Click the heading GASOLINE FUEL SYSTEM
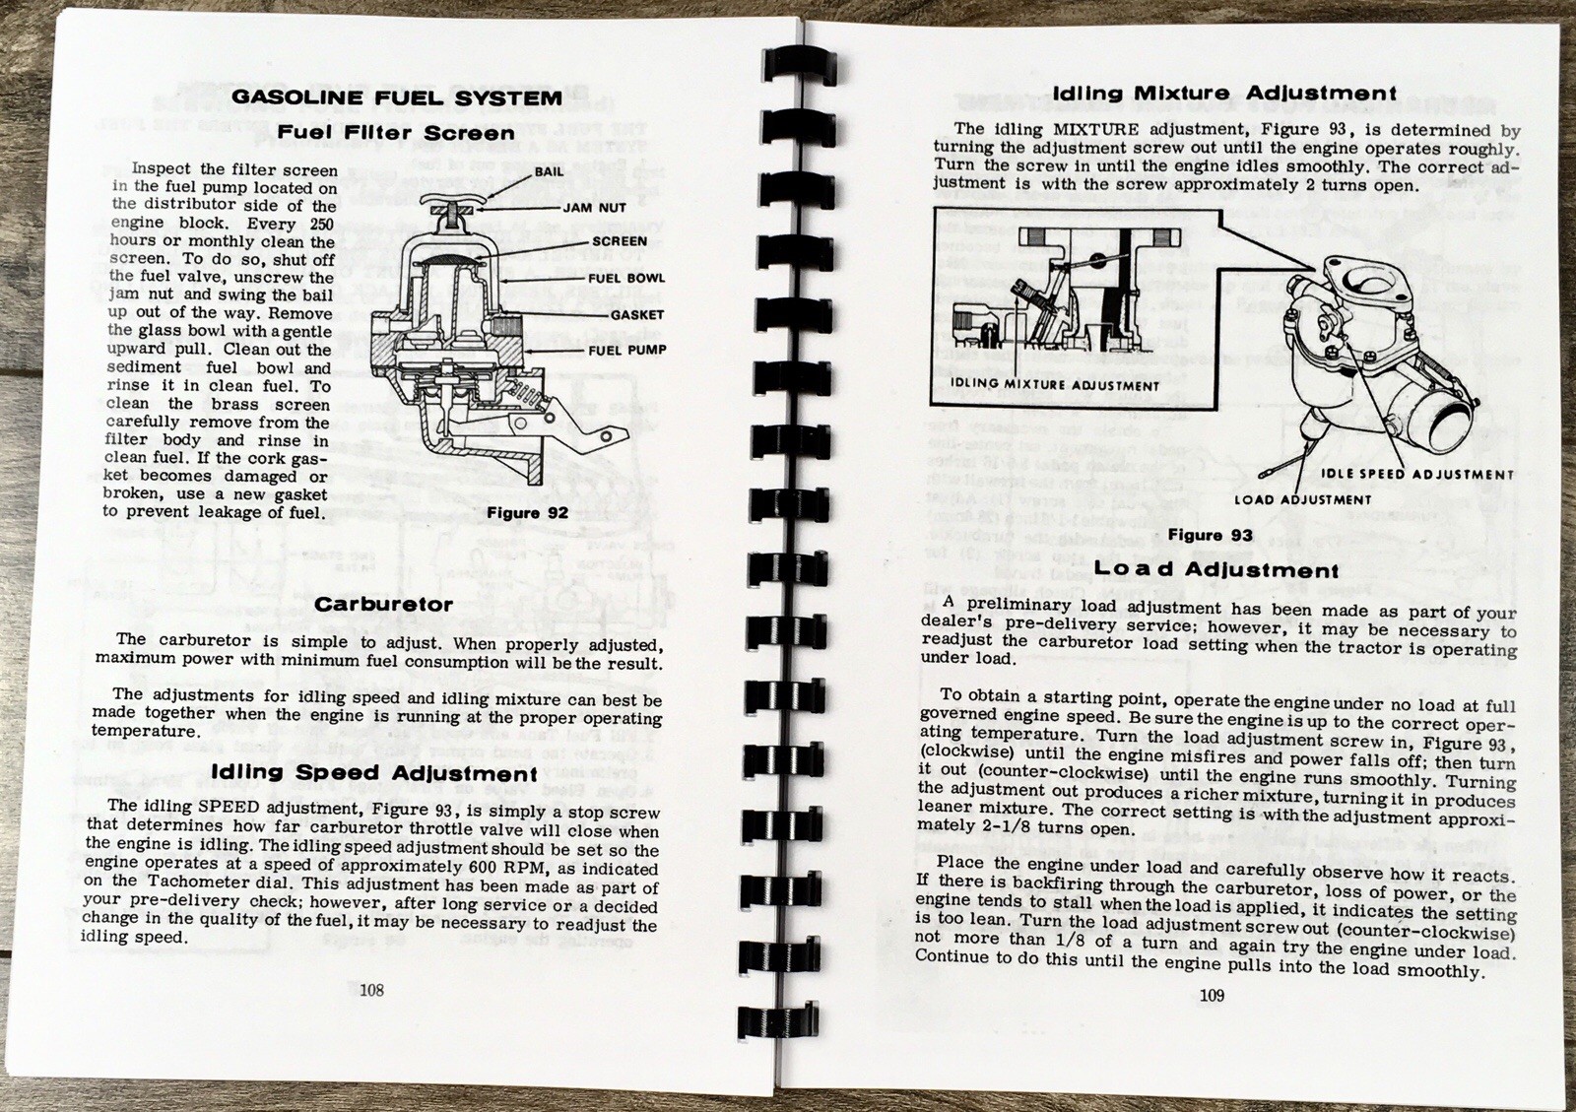pyautogui.click(x=396, y=98)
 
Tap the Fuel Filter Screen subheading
pyautogui.click(x=396, y=133)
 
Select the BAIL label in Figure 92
pyautogui.click(x=549, y=171)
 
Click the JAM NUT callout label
pyautogui.click(x=594, y=208)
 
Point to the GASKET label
pyautogui.click(x=636, y=315)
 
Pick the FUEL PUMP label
pyautogui.click(x=626, y=350)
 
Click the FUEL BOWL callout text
pyautogui.click(x=625, y=279)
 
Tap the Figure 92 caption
pyautogui.click(x=527, y=513)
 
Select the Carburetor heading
pyautogui.click(x=383, y=605)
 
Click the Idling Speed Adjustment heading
pyautogui.click(x=374, y=773)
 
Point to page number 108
pyautogui.click(x=371, y=990)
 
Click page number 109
pyautogui.click(x=1212, y=996)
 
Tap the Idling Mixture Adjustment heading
pyautogui.click(x=1224, y=94)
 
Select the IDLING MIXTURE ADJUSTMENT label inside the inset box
pyautogui.click(x=1055, y=385)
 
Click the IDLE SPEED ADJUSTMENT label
pyautogui.click(x=1416, y=475)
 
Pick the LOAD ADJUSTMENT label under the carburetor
pyautogui.click(x=1302, y=500)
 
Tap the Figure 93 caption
pyautogui.click(x=1210, y=536)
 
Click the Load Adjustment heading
pyautogui.click(x=1216, y=570)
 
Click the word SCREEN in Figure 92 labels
pyautogui.click(x=619, y=241)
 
